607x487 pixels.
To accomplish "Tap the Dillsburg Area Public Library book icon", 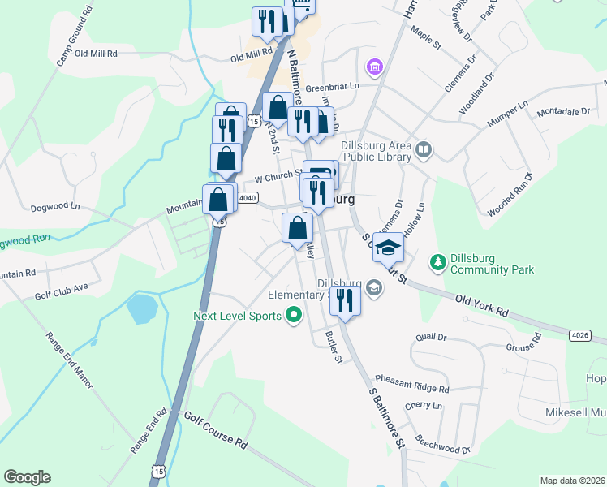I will pos(424,149).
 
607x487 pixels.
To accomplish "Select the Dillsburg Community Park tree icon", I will pos(438,262).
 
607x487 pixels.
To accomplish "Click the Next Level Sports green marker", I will pos(295,316).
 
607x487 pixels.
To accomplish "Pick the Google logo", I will pos(27,477).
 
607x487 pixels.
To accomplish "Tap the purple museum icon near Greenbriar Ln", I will pos(374,66).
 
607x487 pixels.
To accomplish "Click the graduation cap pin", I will pos(389,247).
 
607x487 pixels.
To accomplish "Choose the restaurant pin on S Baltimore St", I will pos(345,300).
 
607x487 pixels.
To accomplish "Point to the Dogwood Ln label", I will pos(55,207).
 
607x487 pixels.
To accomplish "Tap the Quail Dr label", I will pos(431,337).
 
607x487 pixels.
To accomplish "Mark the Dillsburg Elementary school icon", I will pos(374,287).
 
